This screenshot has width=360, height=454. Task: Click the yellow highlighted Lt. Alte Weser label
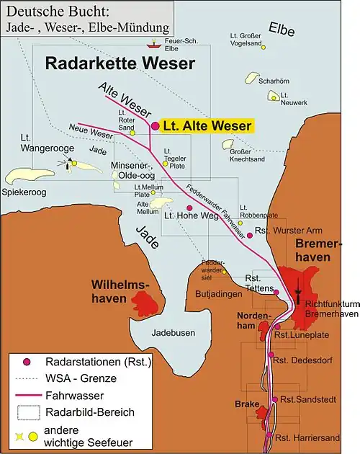207,126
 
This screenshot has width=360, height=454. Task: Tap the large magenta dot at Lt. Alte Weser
155,126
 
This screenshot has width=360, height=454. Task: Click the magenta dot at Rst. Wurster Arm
250,235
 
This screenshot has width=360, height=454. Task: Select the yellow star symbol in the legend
17,437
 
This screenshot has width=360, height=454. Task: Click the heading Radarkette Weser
120,63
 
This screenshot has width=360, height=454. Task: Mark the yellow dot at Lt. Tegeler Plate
165,164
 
